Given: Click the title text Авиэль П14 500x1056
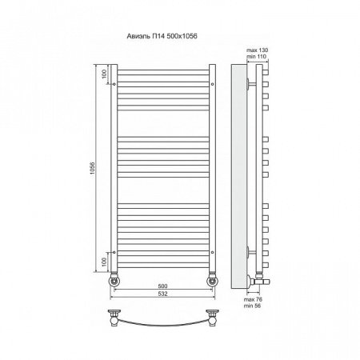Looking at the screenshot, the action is tap(162, 36).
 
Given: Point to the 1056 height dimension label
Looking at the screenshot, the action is tap(92, 168).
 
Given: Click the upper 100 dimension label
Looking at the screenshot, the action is tap(104, 74).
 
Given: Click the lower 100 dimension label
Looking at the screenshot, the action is tap(104, 262).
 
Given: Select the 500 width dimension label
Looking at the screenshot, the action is tap(162, 286).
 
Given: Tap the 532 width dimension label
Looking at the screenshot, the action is tap(162, 294).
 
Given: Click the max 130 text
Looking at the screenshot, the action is tap(257, 50).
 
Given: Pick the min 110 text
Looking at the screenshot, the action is tap(257, 56).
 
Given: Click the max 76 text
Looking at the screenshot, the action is tap(253, 299).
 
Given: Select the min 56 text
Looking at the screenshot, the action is tap(252, 306).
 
